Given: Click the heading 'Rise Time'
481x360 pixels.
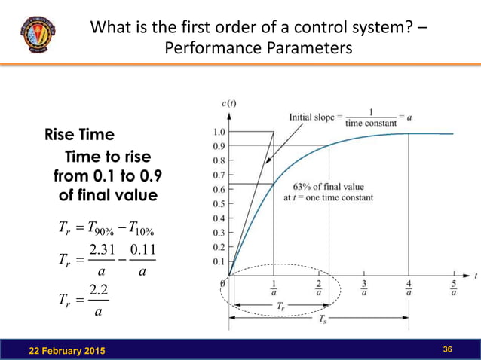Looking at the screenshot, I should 80,135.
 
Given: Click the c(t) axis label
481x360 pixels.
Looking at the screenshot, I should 228,102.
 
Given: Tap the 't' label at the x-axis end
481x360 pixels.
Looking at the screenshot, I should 476,276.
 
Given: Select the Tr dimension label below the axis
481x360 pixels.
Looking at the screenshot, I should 280,307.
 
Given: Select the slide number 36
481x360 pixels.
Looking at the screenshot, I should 447,349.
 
